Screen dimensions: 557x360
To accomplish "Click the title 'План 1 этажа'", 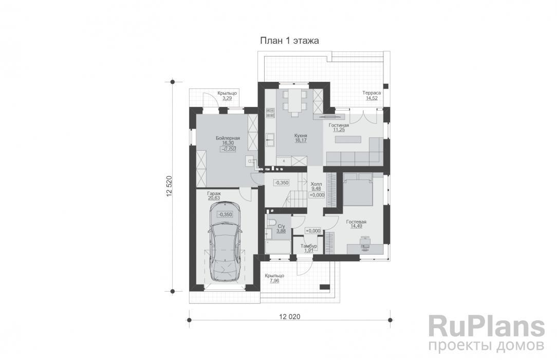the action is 289,41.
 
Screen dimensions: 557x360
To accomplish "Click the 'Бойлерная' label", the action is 228,138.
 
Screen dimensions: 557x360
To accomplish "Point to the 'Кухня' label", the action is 301,136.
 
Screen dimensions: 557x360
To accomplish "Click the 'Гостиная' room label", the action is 339,125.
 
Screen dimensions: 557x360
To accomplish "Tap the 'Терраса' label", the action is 372,93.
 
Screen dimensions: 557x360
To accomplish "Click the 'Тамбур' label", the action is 309,246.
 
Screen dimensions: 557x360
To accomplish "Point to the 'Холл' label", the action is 316,184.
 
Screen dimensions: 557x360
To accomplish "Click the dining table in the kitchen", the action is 294,102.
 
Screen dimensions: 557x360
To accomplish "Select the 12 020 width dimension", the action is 289,317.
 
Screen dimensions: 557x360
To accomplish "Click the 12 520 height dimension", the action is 169,186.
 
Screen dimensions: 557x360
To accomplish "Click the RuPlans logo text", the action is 486,327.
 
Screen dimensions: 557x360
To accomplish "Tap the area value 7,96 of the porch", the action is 274,281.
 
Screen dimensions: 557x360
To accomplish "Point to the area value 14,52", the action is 372,98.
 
